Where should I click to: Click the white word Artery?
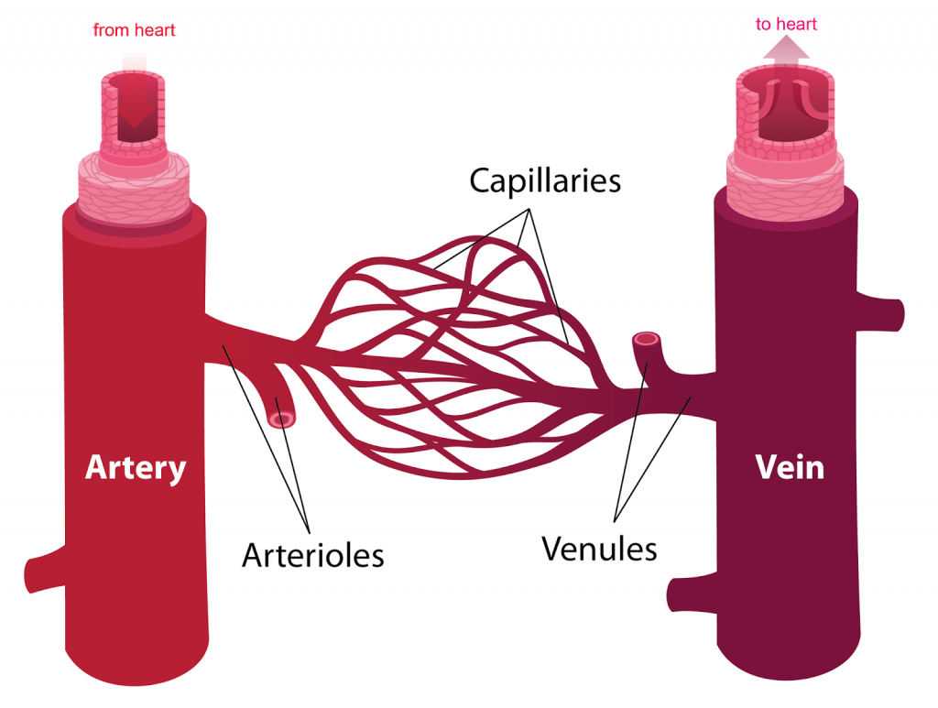tap(136, 468)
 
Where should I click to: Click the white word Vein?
tap(790, 467)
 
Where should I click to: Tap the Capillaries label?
tap(545, 180)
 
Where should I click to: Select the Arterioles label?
tap(312, 554)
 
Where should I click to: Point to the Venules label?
tap(599, 549)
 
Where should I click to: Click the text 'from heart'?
tap(134, 30)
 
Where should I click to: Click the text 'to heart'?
tap(787, 25)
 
